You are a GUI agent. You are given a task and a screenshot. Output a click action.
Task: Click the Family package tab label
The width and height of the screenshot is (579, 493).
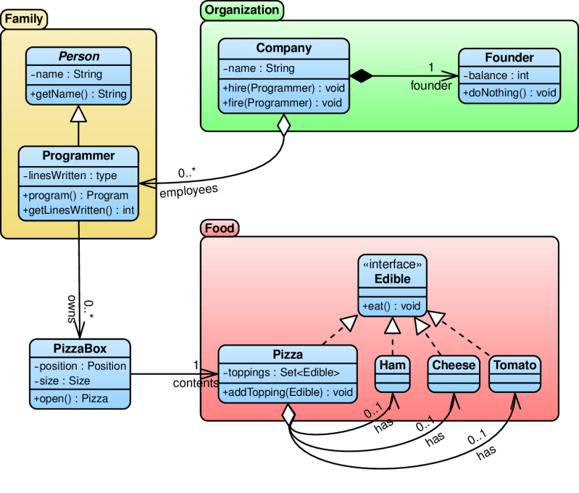[x=24, y=19]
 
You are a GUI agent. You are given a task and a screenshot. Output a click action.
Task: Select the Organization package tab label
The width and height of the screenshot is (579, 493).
[x=241, y=10]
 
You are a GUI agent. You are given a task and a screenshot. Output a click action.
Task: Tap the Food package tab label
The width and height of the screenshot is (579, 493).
[x=219, y=228]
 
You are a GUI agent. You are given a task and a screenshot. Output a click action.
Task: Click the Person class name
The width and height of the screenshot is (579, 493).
[x=79, y=57]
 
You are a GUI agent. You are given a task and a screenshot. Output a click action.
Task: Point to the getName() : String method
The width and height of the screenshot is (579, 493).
[x=78, y=94]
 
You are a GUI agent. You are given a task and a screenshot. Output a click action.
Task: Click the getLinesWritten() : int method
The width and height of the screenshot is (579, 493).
[x=78, y=210]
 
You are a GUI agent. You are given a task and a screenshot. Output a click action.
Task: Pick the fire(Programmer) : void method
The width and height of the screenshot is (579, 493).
[x=283, y=103]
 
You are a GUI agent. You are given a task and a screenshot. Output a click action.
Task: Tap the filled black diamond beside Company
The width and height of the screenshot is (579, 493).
[x=360, y=75]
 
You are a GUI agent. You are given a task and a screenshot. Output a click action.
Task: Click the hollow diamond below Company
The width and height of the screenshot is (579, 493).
[x=283, y=125]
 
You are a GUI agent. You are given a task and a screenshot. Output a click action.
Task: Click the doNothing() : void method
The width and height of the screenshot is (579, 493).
[x=509, y=93]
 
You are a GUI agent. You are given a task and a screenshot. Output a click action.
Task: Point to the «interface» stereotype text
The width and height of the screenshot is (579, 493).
[x=392, y=265]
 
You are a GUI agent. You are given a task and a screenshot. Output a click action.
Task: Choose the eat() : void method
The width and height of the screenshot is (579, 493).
[x=392, y=307]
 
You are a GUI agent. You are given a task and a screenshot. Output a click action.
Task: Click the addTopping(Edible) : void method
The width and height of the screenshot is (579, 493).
[x=288, y=392]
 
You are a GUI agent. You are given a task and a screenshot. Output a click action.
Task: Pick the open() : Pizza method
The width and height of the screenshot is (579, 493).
[x=70, y=399]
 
